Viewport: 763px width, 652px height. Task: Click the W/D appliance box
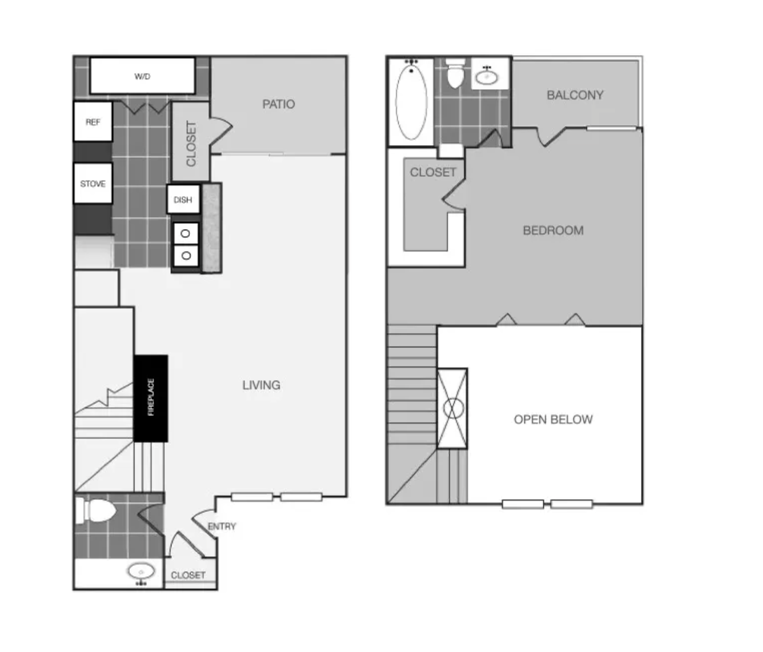pyautogui.click(x=142, y=76)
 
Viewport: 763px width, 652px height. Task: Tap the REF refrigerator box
pyautogui.click(x=93, y=122)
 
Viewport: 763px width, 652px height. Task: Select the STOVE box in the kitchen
pyautogui.click(x=93, y=184)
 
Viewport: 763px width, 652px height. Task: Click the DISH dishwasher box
pyautogui.click(x=183, y=200)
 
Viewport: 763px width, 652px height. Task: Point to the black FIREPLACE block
pyautogui.click(x=151, y=398)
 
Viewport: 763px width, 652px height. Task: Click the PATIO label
pyautogui.click(x=279, y=104)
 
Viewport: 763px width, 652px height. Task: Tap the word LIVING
pyautogui.click(x=261, y=385)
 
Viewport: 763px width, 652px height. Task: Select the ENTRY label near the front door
pyautogui.click(x=222, y=526)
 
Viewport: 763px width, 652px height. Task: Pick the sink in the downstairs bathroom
pyautogui.click(x=141, y=572)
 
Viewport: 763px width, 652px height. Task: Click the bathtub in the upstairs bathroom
pyautogui.click(x=411, y=102)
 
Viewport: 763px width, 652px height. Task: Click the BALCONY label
pyautogui.click(x=575, y=95)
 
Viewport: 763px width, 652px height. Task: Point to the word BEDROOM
pyautogui.click(x=553, y=230)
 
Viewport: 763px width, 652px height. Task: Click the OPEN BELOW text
pyautogui.click(x=553, y=419)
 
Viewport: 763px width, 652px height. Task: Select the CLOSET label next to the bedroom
pyautogui.click(x=433, y=173)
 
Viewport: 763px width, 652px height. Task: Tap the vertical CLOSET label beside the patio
pyautogui.click(x=191, y=143)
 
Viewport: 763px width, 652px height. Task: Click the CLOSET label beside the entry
pyautogui.click(x=188, y=575)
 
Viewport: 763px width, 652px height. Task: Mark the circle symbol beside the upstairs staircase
pyautogui.click(x=453, y=408)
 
